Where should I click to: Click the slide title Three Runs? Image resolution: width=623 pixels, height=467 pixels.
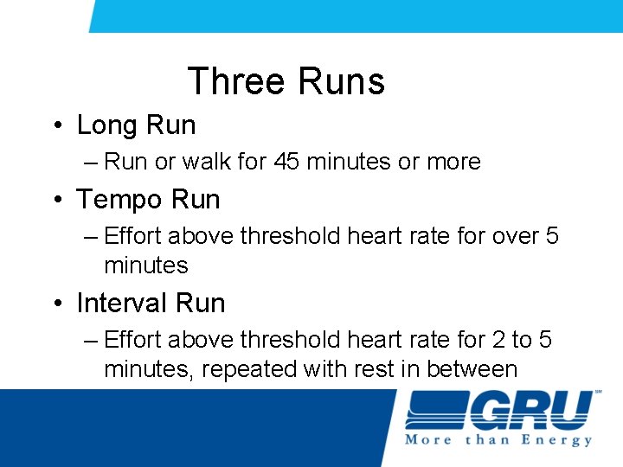(x=286, y=81)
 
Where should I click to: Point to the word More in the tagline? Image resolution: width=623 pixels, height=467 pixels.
(x=429, y=440)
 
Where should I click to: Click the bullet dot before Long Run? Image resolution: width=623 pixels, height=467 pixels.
(x=55, y=126)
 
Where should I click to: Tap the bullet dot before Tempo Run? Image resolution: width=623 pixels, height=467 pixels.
(x=55, y=201)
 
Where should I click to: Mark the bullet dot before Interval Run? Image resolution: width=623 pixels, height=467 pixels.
(x=55, y=304)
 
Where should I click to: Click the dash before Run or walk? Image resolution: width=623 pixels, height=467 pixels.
(x=92, y=163)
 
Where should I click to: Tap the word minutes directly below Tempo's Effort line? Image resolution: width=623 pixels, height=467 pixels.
(x=145, y=265)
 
